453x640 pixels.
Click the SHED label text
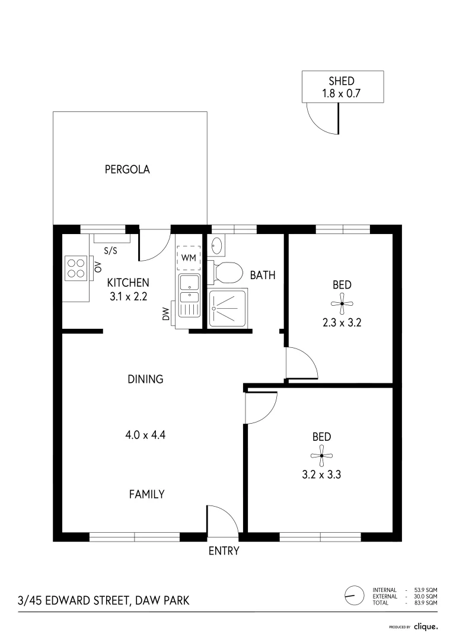click(342, 81)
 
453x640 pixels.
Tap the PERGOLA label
click(127, 169)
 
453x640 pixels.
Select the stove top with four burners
click(76, 267)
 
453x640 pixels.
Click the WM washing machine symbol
click(189, 258)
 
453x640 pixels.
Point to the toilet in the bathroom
click(226, 273)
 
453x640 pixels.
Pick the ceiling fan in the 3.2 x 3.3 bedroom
click(321, 456)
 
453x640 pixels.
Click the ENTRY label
click(224, 551)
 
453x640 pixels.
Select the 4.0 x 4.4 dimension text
click(145, 435)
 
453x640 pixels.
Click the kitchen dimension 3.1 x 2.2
click(127, 297)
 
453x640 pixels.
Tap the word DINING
click(145, 379)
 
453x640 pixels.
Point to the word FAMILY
click(146, 494)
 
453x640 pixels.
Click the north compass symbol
click(353, 594)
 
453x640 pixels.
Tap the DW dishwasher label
click(167, 314)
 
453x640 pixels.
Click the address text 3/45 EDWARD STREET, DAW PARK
click(104, 601)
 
